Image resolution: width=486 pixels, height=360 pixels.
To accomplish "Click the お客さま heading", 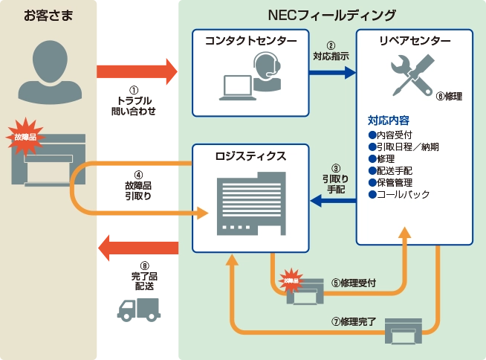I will point(49,15).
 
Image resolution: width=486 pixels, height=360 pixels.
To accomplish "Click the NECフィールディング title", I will point(331,15).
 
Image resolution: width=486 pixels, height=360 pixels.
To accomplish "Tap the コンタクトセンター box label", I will point(250,40).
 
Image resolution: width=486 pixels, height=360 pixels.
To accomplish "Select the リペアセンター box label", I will point(414,40).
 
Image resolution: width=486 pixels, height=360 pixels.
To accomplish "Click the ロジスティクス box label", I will point(250,156).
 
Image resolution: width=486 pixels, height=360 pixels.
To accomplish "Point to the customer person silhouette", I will point(49,73).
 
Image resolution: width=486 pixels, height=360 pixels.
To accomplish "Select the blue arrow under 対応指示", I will point(332,73).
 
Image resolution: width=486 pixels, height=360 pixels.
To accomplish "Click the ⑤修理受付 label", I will point(352,283).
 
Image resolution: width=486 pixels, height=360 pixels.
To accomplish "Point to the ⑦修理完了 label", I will point(355,321).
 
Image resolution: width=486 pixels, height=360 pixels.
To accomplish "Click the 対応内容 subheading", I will point(388,120).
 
